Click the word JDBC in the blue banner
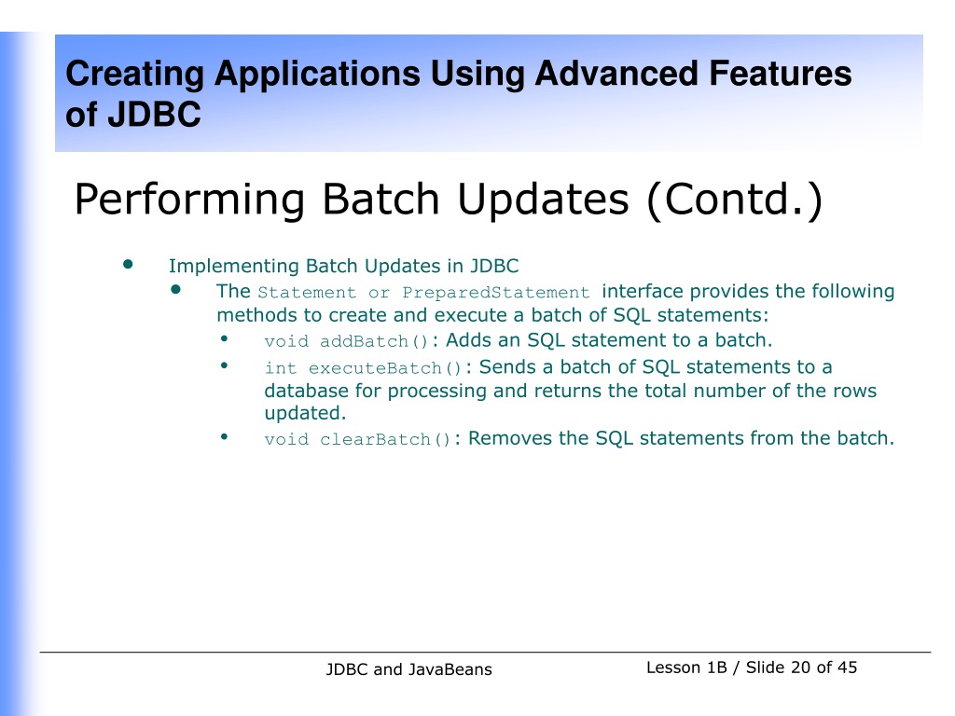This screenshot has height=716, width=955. [x=154, y=114]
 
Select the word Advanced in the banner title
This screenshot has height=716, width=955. [x=616, y=74]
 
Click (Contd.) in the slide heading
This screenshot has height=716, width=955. [x=735, y=200]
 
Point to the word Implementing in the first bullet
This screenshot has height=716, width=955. [x=234, y=267]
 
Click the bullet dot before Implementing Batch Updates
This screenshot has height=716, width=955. [x=128, y=264]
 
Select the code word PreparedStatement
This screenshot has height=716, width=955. [x=496, y=293]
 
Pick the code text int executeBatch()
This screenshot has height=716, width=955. [x=363, y=368]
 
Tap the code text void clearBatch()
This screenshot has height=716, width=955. [x=357, y=439]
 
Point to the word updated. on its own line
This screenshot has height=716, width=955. [x=305, y=413]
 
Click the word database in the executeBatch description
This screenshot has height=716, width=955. [x=306, y=391]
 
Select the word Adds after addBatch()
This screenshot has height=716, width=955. [x=466, y=339]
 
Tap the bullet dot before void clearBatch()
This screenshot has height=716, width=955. [x=224, y=436]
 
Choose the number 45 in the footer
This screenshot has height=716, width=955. [x=847, y=668]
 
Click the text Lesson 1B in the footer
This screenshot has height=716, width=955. [x=686, y=668]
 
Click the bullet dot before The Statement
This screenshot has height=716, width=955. [x=176, y=289]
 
